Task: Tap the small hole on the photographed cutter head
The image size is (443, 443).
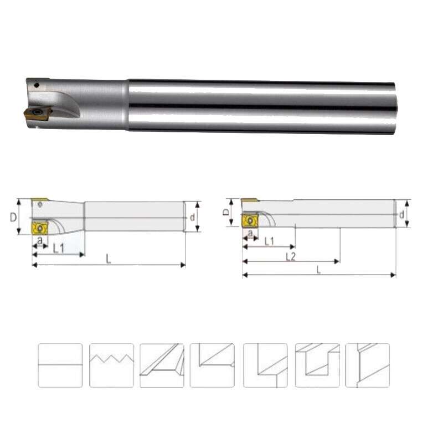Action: (x=35, y=86)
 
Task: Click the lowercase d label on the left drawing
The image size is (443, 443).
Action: (x=192, y=217)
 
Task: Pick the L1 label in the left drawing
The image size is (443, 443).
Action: (x=59, y=250)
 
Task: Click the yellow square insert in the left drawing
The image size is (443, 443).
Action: (x=40, y=228)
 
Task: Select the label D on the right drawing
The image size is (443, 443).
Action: (x=225, y=212)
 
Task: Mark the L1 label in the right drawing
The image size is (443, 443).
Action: (x=270, y=241)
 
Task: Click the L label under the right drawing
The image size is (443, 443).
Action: (x=318, y=270)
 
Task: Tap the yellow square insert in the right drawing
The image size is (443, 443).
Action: (x=250, y=221)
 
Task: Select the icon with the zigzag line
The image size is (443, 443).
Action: (x=111, y=365)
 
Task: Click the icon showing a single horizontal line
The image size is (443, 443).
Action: (x=60, y=365)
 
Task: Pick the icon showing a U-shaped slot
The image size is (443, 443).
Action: (x=317, y=365)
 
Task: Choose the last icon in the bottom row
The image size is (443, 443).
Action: (x=367, y=365)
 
